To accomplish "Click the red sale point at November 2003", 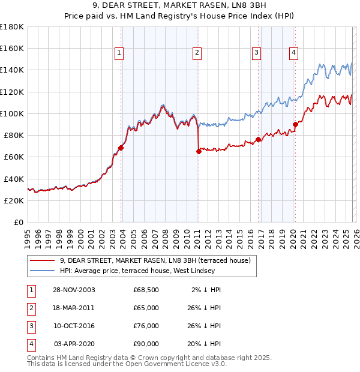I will coord(121,148).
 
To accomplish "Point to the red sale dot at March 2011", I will coord(198,152).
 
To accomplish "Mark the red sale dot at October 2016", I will coord(258,140).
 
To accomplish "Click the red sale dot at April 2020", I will coord(295,125).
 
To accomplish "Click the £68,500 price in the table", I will coord(146,290).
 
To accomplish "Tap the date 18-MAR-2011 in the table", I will coord(73,308).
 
